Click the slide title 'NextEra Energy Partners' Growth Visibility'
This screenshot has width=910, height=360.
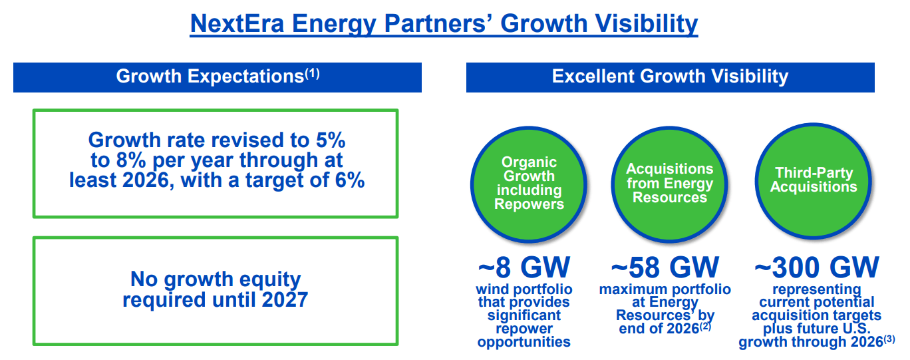(x=444, y=23)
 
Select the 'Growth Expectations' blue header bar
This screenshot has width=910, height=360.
(x=217, y=77)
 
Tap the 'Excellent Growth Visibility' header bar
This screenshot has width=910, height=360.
(x=670, y=77)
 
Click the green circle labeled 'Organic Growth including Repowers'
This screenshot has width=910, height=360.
(x=529, y=183)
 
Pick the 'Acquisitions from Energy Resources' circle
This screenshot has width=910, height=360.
(x=669, y=183)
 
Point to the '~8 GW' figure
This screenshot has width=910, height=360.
(x=524, y=268)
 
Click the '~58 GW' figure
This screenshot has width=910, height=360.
(x=665, y=268)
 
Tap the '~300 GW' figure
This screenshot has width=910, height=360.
(x=816, y=268)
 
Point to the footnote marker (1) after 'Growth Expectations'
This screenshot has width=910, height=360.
(x=312, y=74)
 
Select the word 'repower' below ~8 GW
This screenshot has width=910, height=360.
(x=524, y=329)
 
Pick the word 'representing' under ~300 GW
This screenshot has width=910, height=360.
(x=816, y=289)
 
